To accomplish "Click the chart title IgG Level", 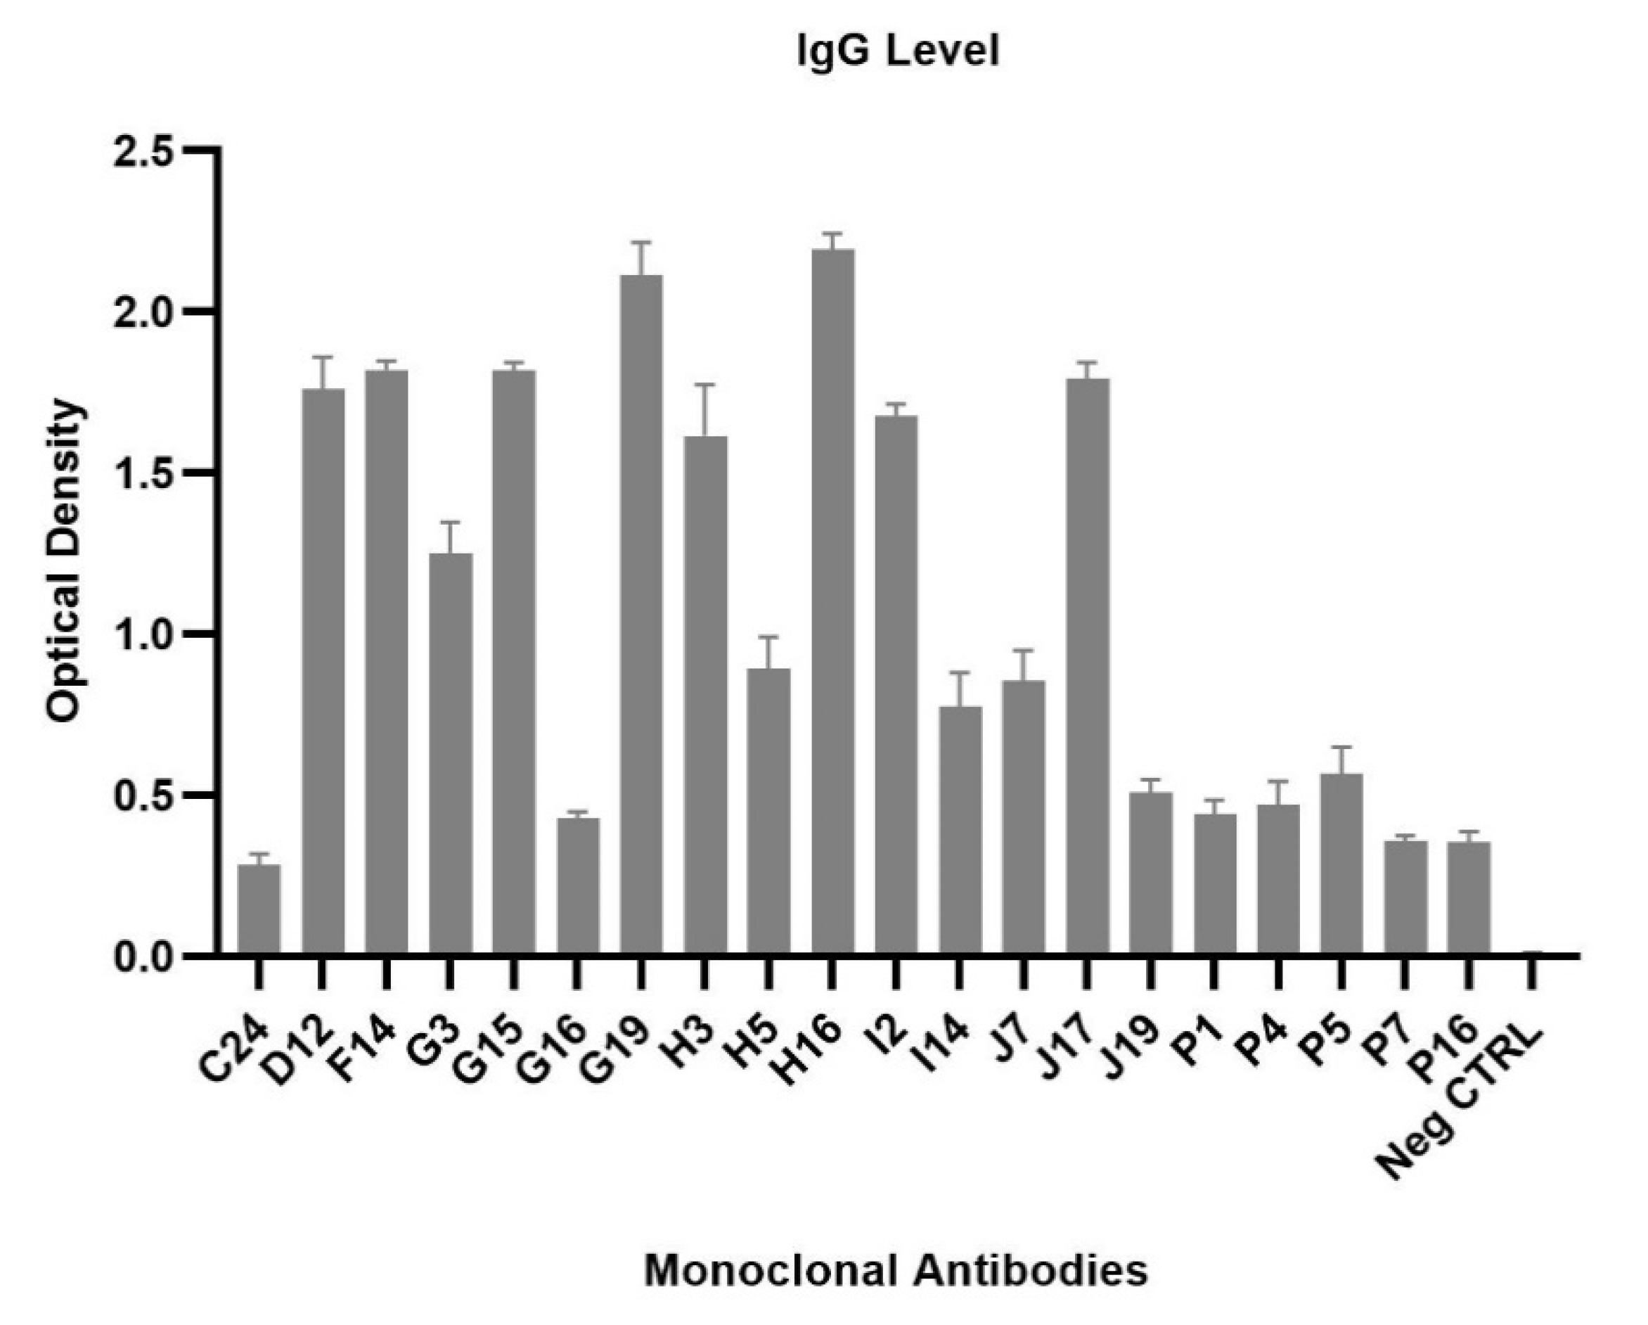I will pos(897,53).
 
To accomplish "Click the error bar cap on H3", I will pos(704,385).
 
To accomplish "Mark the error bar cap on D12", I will pos(323,357).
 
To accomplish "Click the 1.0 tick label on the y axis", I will pos(142,634).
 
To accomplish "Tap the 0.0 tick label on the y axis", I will pos(142,957).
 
